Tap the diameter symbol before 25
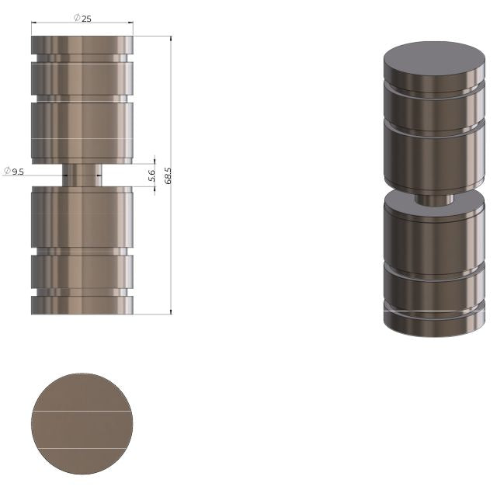[x=78, y=19]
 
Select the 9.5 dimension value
[x=18, y=171]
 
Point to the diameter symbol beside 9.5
[x=7, y=171]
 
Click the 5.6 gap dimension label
[x=151, y=176]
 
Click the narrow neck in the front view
[x=82, y=176]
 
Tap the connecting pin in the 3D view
[x=434, y=200]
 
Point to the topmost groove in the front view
[x=82, y=58]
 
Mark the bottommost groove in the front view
[x=82, y=293]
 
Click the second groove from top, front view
[x=82, y=99]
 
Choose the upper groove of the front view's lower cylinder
[x=82, y=252]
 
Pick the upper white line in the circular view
[x=82, y=409]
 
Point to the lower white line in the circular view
[x=82, y=448]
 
